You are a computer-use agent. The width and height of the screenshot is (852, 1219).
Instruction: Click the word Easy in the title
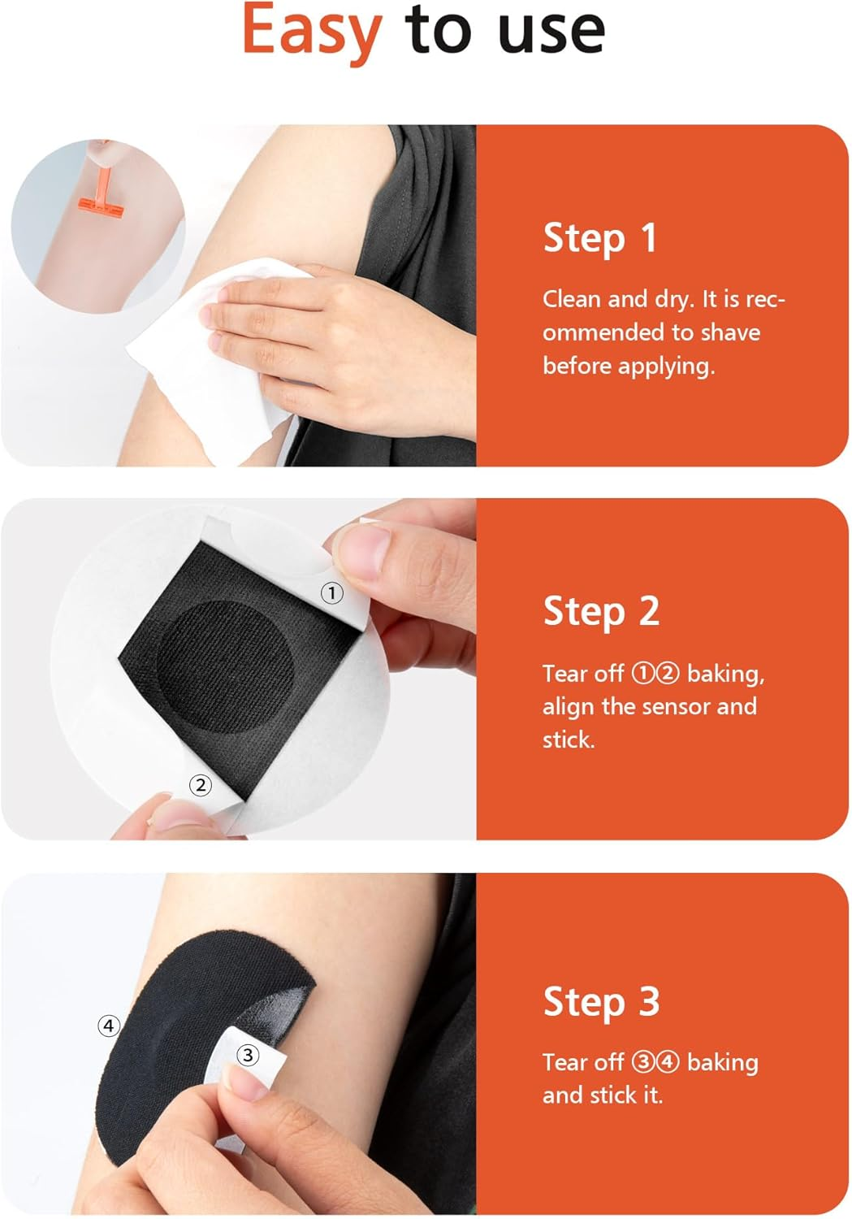312,31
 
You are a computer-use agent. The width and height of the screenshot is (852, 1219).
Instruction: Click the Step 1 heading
599,238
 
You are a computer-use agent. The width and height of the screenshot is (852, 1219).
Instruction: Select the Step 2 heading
601,611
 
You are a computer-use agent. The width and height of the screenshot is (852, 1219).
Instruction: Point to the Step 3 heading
601,1001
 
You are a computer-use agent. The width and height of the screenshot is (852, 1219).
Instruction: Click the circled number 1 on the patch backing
331,593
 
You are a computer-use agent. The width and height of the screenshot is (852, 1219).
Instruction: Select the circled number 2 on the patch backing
200,785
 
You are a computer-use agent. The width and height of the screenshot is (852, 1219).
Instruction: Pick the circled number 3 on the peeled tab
247,1055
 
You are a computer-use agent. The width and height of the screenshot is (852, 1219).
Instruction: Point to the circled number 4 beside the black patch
109,1026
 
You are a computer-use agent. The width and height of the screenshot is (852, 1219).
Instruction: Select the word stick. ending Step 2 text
569,740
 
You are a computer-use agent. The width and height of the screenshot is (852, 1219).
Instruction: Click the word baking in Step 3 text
722,1062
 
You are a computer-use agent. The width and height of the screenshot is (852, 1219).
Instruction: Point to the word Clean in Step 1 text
572,299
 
